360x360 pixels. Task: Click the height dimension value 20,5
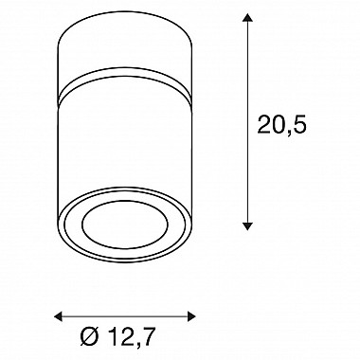282,124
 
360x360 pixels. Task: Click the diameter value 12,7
132,336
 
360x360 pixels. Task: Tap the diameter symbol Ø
90,336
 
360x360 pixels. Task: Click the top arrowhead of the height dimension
247,17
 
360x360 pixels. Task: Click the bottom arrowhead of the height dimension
247,225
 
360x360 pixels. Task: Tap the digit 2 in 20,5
264,124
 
